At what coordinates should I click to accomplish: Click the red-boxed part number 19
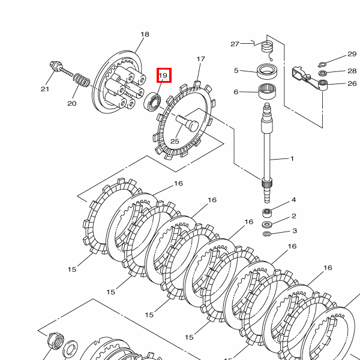[x=164, y=75]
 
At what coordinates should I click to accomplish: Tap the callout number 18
[x=145, y=34]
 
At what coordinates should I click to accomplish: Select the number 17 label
[x=200, y=59]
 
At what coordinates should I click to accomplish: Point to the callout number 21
[x=45, y=89]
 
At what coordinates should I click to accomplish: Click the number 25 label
[x=175, y=141]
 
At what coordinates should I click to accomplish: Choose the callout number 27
[x=235, y=44]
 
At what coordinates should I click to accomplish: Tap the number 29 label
[x=352, y=54]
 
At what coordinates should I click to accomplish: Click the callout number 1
[x=292, y=158]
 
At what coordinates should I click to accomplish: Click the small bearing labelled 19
[x=152, y=102]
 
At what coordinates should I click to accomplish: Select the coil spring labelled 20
[x=82, y=80]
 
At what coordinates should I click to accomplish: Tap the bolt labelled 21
[x=61, y=69]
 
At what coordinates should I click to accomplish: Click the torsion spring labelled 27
[x=267, y=49]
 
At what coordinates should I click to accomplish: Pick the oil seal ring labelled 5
[x=267, y=71]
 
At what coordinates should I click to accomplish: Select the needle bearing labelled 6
[x=268, y=91]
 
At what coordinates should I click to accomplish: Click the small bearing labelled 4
[x=267, y=212]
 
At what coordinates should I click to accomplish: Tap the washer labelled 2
[x=267, y=224]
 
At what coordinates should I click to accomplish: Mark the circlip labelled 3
[x=267, y=234]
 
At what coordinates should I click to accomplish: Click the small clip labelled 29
[x=322, y=65]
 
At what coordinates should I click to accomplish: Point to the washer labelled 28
[x=322, y=73]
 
